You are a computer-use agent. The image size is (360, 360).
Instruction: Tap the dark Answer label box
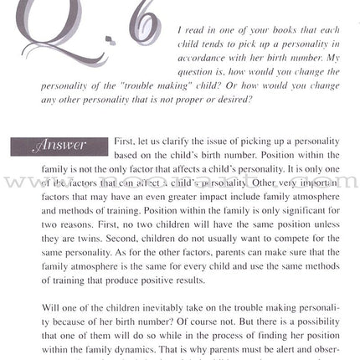[x=59, y=146]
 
